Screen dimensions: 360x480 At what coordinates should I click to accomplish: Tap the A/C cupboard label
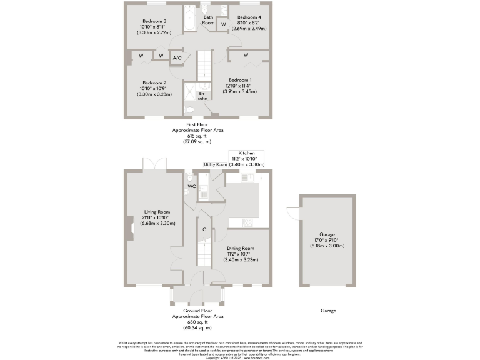(x=177, y=58)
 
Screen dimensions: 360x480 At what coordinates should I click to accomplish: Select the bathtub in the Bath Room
(x=189, y=18)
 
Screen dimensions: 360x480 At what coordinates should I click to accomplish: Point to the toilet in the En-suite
(x=190, y=109)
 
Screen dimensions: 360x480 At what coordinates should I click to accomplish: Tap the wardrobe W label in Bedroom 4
(x=223, y=25)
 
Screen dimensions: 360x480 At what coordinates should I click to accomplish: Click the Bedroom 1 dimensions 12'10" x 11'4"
(x=240, y=86)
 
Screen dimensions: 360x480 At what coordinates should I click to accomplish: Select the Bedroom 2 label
(x=154, y=82)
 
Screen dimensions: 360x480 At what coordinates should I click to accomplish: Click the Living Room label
(x=157, y=212)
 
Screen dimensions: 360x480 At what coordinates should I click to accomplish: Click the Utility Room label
(x=216, y=164)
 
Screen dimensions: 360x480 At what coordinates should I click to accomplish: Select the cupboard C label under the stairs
(x=204, y=229)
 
